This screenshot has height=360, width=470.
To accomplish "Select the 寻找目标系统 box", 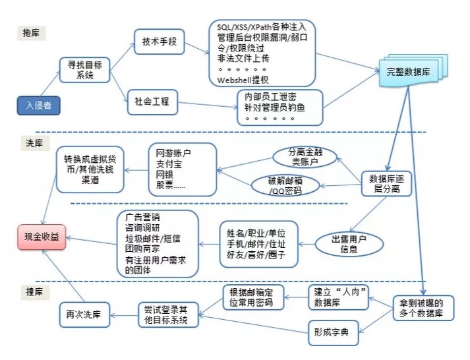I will [x=84, y=69].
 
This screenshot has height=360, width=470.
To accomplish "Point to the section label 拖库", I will [x=32, y=32].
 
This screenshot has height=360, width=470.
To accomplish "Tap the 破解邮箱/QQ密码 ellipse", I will [x=284, y=185].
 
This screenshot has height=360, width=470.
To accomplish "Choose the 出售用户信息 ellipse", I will [x=349, y=244].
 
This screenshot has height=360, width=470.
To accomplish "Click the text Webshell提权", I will [x=243, y=80].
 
